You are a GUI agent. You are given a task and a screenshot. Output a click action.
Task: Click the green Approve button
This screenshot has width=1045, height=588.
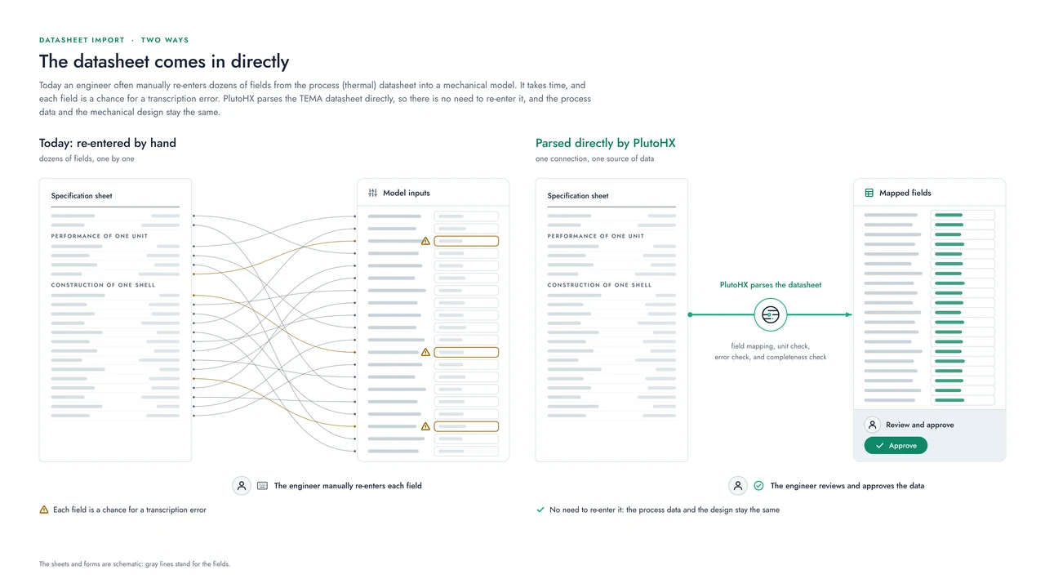click(x=896, y=446)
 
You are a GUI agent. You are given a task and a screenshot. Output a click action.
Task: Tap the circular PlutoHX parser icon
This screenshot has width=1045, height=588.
click(x=770, y=314)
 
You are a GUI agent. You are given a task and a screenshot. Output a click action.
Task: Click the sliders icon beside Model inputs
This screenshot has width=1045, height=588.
click(x=373, y=193)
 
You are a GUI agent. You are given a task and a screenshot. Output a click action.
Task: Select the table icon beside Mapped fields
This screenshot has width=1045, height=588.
click(x=869, y=193)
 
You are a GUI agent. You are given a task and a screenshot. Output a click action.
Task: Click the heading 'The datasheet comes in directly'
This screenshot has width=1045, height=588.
click(x=164, y=61)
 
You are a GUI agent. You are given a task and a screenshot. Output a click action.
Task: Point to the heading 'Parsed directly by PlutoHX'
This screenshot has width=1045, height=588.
click(x=605, y=143)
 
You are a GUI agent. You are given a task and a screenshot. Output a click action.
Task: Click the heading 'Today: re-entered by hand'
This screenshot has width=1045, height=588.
click(x=107, y=143)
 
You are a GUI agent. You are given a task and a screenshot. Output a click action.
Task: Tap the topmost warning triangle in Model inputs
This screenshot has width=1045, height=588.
click(x=425, y=241)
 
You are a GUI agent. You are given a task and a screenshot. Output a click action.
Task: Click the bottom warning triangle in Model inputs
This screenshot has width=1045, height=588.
click(x=425, y=426)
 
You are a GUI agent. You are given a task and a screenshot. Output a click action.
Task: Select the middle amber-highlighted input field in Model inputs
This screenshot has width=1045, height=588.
click(x=466, y=352)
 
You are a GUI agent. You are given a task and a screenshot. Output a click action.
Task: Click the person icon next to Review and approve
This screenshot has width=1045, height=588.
click(x=873, y=425)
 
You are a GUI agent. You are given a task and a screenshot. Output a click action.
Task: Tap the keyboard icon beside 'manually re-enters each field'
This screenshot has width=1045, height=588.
click(x=263, y=486)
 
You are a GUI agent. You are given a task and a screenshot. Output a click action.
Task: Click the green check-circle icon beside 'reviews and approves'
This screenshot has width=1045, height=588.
click(x=759, y=486)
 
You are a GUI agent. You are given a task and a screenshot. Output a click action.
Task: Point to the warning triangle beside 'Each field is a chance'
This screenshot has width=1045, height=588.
click(x=44, y=510)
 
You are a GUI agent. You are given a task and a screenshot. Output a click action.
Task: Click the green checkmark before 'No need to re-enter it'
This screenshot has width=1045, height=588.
click(x=540, y=510)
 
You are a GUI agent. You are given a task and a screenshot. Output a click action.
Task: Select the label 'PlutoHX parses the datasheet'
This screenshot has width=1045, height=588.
click(x=770, y=285)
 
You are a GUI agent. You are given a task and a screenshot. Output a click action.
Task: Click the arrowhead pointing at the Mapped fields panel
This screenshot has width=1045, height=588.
click(x=848, y=314)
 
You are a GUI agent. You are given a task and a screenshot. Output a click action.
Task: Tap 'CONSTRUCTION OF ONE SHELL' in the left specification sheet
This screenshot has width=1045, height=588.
click(x=103, y=285)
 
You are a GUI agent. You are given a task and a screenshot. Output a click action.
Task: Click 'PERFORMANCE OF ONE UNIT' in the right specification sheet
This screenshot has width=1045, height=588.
click(x=595, y=236)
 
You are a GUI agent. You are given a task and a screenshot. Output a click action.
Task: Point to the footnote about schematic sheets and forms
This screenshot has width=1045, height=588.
click(x=135, y=563)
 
